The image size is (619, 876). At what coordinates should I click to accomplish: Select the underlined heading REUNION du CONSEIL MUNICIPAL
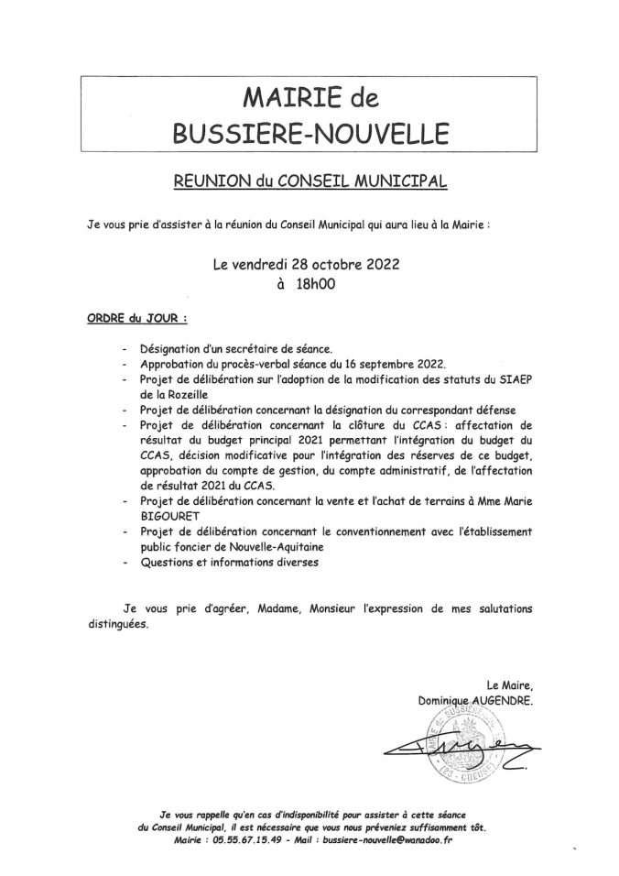click(309, 181)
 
